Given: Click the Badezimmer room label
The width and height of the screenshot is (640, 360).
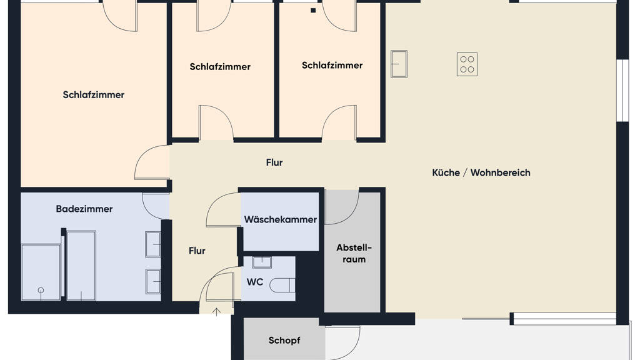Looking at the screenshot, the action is click(84, 209).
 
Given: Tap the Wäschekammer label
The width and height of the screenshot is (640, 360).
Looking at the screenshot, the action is click(281, 219).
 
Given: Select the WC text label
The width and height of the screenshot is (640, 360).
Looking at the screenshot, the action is click(255, 282).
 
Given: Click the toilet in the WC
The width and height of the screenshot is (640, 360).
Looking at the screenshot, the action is click(283, 285).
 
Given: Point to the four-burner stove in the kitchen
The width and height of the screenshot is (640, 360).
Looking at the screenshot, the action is click(467, 64).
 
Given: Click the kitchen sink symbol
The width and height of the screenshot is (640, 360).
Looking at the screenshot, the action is click(399, 64).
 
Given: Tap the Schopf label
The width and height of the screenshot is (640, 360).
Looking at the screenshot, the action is click(284, 341).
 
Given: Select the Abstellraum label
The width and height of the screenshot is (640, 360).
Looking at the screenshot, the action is click(354, 254).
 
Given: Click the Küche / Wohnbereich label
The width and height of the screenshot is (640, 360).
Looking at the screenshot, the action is click(481, 172).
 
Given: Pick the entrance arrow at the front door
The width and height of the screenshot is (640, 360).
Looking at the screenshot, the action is click(216, 312).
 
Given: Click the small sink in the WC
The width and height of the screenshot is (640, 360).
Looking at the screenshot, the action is click(262, 262).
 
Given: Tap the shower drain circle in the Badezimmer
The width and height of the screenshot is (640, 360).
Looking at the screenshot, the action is click(41, 291).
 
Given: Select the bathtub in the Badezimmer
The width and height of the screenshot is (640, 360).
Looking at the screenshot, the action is click(81, 266).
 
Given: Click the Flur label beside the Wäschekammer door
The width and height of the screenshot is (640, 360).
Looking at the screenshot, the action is click(197, 251).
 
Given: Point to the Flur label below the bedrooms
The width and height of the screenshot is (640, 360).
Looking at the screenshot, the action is click(274, 162).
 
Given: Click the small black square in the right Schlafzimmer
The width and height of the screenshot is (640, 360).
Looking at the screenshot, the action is click(313, 11).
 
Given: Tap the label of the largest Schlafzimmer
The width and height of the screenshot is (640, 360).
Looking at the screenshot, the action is click(94, 95).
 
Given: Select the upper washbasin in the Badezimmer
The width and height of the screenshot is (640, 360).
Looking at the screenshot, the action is click(153, 244).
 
